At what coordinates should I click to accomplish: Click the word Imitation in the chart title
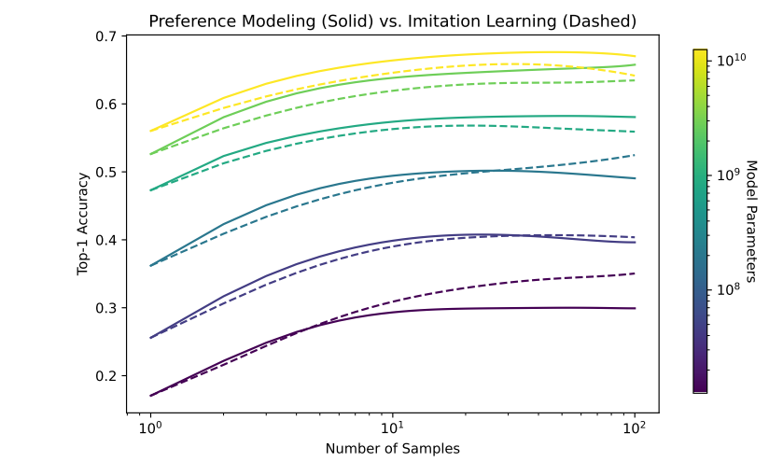pyautogui.click(x=432, y=21)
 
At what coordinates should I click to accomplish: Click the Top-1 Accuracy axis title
pyautogui.click(x=83, y=224)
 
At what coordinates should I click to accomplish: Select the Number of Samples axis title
pyautogui.click(x=392, y=448)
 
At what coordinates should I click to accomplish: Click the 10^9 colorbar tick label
pyautogui.click(x=726, y=174)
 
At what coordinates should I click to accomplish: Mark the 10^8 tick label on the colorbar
pyautogui.click(x=726, y=289)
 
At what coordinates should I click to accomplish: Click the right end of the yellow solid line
pyautogui.click(x=636, y=57)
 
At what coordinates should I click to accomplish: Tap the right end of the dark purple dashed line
pyautogui.click(x=636, y=273)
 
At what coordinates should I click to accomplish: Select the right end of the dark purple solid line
pyautogui.click(x=636, y=308)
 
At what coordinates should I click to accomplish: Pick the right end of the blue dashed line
pyautogui.click(x=636, y=155)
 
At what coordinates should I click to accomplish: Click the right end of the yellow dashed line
pyautogui.click(x=636, y=76)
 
